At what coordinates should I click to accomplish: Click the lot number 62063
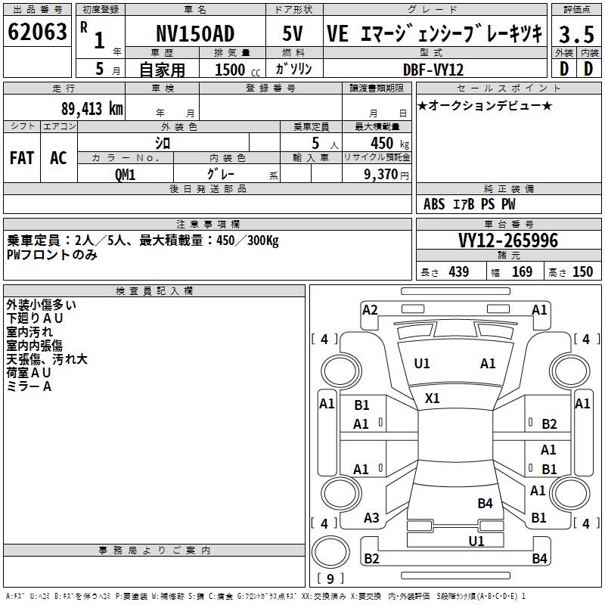tap(37, 33)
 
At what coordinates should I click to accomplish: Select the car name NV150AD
tap(195, 33)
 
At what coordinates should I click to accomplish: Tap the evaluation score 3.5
tap(576, 34)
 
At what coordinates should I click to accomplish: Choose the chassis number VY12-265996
tap(508, 240)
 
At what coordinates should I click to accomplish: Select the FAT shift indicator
tap(21, 157)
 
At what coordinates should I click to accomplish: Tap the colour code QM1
tap(125, 174)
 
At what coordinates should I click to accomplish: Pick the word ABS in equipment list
tap(434, 204)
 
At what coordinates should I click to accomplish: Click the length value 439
tap(458, 271)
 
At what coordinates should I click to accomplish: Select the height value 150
tap(582, 271)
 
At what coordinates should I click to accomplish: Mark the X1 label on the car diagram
tap(433, 398)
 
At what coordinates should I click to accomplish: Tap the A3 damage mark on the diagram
tap(371, 518)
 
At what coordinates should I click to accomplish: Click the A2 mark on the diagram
tap(370, 309)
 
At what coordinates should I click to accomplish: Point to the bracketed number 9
tap(330, 579)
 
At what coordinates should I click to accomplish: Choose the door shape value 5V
tap(293, 33)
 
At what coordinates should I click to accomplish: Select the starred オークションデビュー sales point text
tap(484, 105)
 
